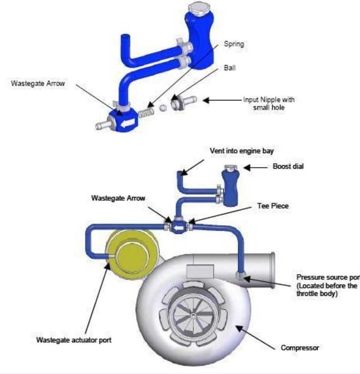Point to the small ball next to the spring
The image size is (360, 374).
163,107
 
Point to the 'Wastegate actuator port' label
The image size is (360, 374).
67,339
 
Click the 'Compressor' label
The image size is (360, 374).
300,348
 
